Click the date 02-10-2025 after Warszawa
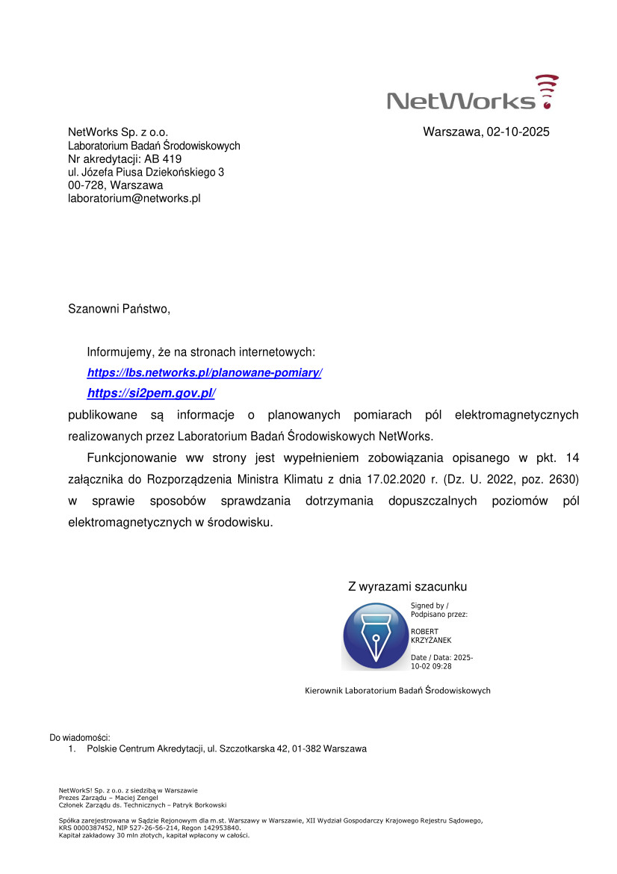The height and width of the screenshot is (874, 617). click(x=518, y=132)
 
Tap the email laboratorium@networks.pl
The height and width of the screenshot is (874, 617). click(x=134, y=199)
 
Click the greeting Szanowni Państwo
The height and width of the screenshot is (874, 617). click(x=120, y=308)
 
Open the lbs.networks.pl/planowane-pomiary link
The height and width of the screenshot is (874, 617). click(x=204, y=372)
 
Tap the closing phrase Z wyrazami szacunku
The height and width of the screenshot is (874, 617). click(x=407, y=587)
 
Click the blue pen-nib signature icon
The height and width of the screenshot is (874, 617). click(x=374, y=636)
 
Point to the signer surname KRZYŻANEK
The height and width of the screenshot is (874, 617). click(x=431, y=640)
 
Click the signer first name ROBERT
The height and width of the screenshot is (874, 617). click(x=425, y=632)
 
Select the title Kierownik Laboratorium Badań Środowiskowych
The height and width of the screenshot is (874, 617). click(x=397, y=690)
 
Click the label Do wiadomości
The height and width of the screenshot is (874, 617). click(x=79, y=738)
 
